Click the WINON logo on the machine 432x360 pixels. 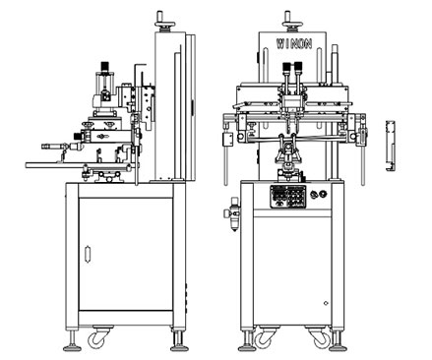point(294,43)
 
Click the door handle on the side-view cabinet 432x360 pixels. point(88,254)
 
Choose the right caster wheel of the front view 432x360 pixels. point(319,337)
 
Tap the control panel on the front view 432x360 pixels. point(288,197)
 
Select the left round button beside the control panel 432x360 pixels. point(314,195)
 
